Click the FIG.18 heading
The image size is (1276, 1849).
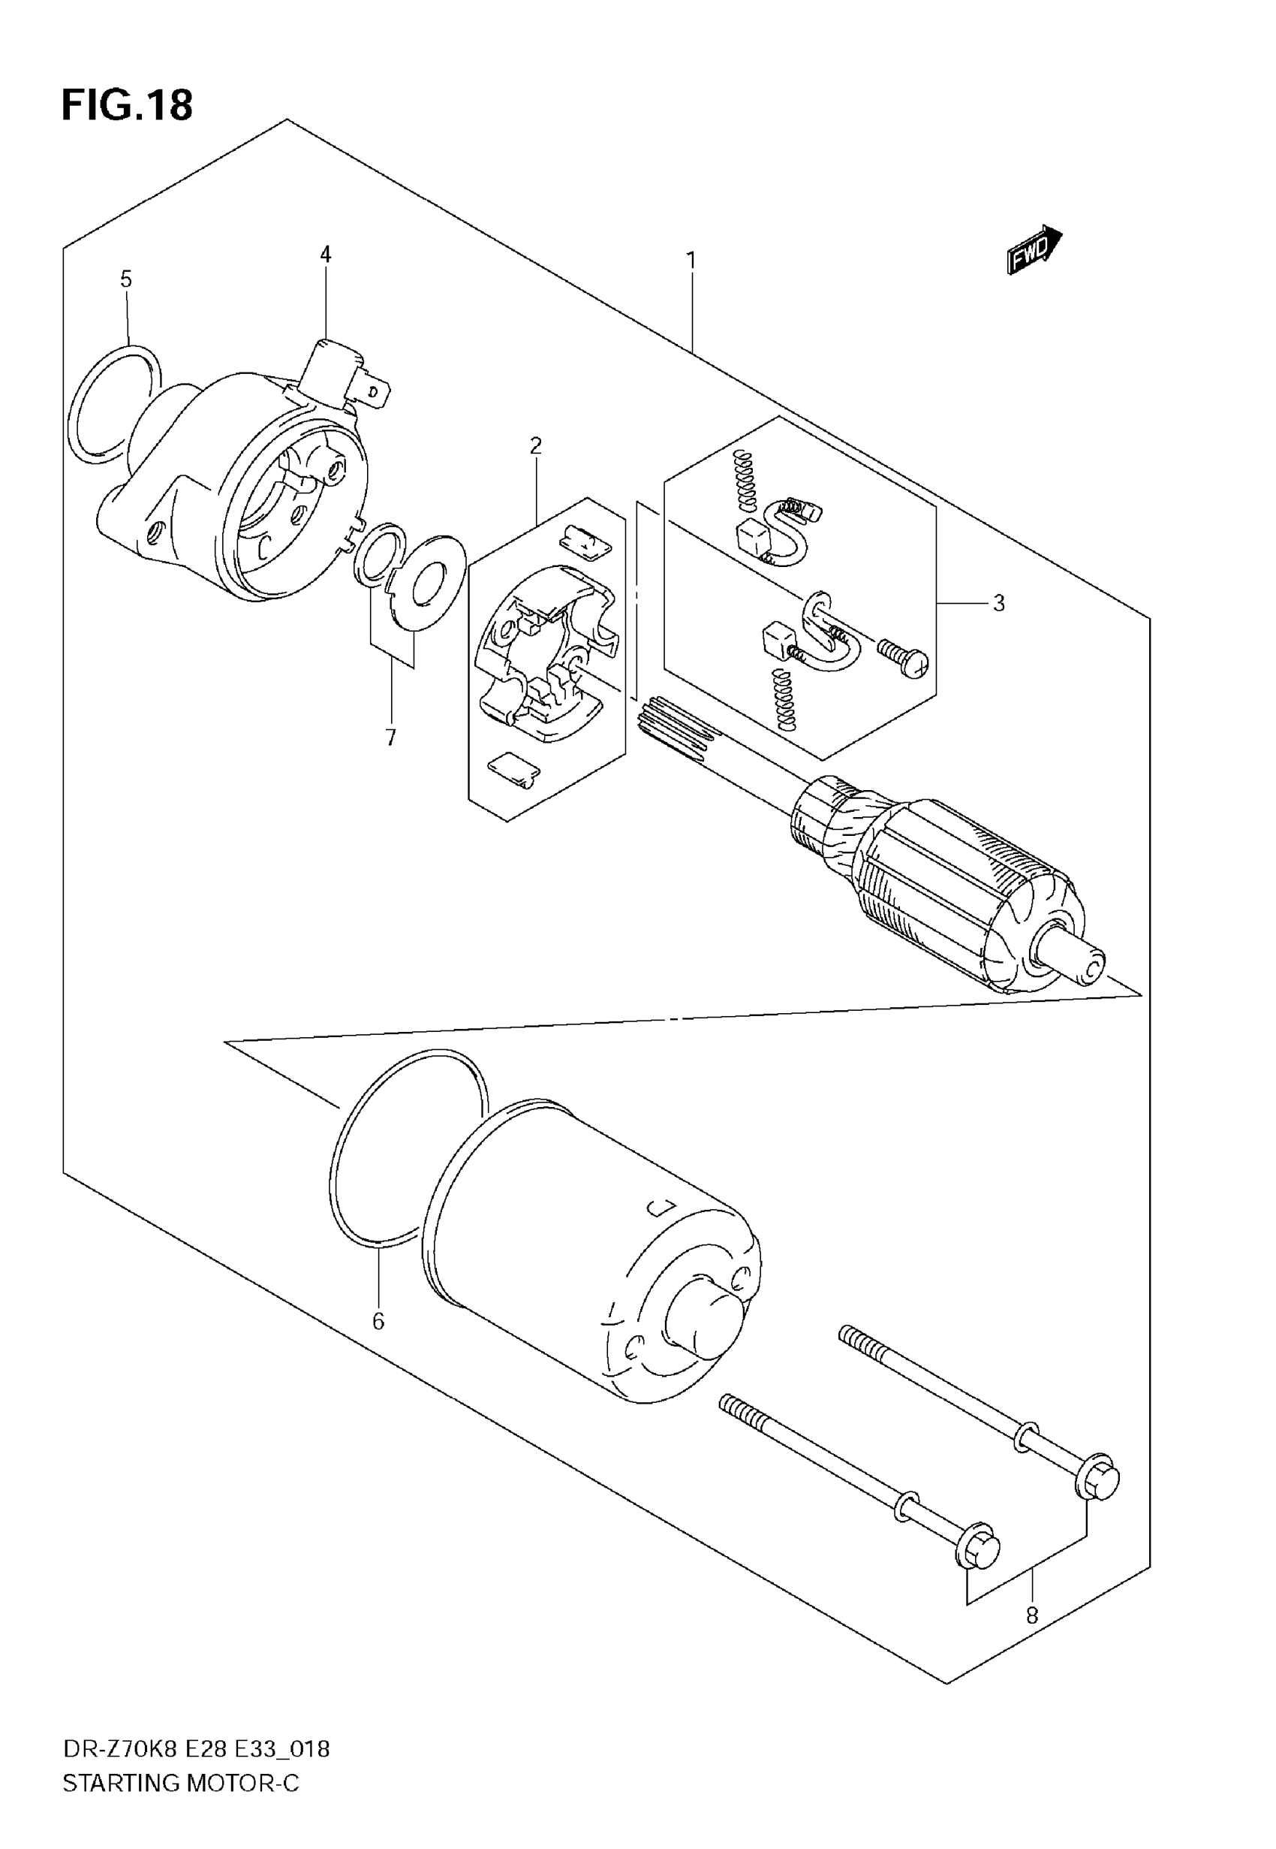127,106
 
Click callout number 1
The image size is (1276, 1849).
691,261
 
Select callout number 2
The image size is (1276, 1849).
536,445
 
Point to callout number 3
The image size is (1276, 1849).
998,603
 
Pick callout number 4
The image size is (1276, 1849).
326,255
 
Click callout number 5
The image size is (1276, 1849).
125,279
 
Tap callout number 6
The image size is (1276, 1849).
378,1321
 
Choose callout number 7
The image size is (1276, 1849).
390,737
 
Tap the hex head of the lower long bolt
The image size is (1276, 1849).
979,1552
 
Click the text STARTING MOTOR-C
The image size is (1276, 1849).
181,1783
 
